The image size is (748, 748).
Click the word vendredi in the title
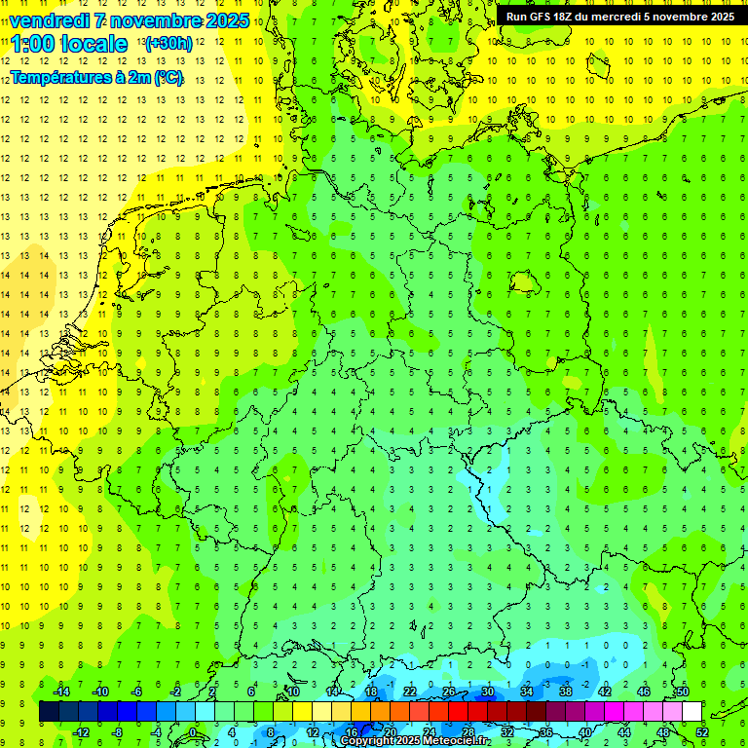tap(46, 20)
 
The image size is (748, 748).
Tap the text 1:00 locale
tap(69, 44)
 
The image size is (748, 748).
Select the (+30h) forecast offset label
tap(168, 44)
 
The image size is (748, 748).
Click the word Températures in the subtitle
tap(60, 78)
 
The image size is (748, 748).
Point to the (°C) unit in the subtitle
tap(168, 78)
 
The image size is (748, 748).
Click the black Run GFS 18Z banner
tap(619, 17)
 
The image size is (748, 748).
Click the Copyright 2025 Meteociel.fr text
tap(416, 741)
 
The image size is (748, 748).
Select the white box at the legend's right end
tap(692, 712)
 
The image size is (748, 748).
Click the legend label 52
tap(702, 732)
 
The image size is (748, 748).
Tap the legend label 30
tap(488, 692)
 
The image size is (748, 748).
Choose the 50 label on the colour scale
tap(683, 692)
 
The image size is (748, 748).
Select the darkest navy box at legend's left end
tap(49, 712)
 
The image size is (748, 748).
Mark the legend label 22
tap(410, 692)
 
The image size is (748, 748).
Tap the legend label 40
tap(585, 732)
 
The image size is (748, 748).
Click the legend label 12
tap(313, 732)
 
